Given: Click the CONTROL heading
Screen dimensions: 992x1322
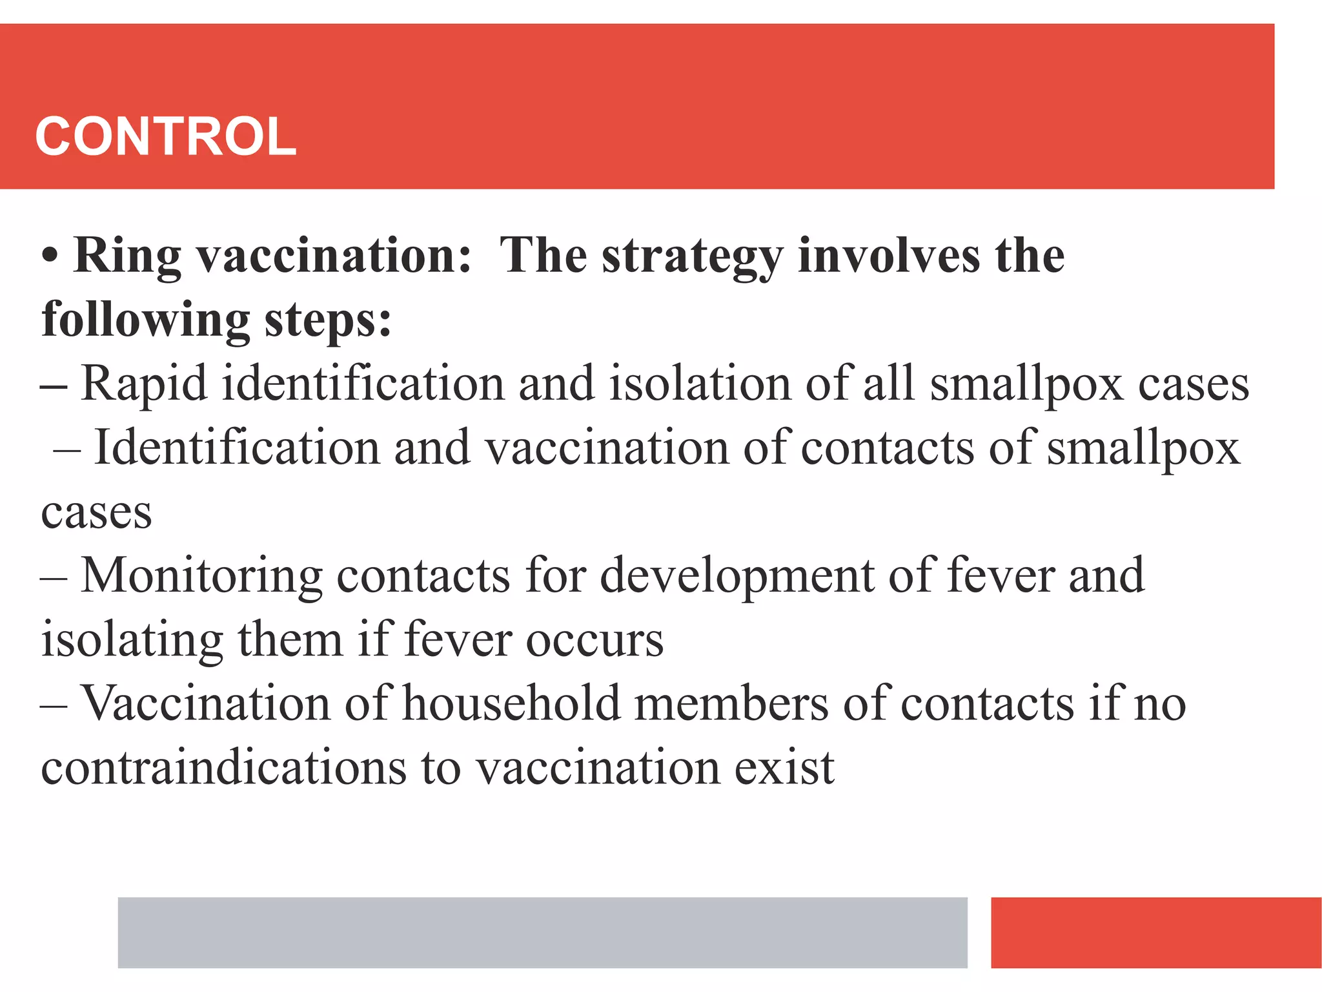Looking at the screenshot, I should point(165,136).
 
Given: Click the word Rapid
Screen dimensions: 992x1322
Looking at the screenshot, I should point(144,384).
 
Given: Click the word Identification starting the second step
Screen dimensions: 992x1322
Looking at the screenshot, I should point(237,447).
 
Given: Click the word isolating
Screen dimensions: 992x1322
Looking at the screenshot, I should point(132,640).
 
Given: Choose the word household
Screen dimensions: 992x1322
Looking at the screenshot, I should point(511,703).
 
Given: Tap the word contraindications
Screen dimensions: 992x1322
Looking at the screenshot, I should point(223,768).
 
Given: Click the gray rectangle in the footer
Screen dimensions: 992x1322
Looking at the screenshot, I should point(542,932).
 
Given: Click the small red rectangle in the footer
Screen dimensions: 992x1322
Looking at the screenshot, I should point(1155,932).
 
